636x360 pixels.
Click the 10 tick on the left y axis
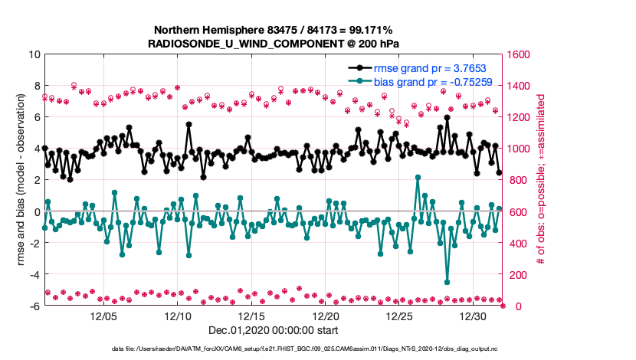click(x=34, y=54)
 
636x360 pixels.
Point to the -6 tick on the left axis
click(x=34, y=306)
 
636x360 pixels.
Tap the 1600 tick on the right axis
click(x=519, y=54)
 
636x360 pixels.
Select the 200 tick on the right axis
click(x=516, y=275)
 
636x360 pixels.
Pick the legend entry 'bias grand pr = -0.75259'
click(x=434, y=81)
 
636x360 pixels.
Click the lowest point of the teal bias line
click(x=447, y=282)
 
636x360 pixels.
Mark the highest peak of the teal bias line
click(x=418, y=177)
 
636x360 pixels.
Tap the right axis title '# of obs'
click(x=540, y=180)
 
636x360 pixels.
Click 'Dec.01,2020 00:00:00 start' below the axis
click(x=274, y=332)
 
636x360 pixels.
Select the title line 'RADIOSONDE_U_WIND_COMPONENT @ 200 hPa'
click(x=274, y=44)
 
